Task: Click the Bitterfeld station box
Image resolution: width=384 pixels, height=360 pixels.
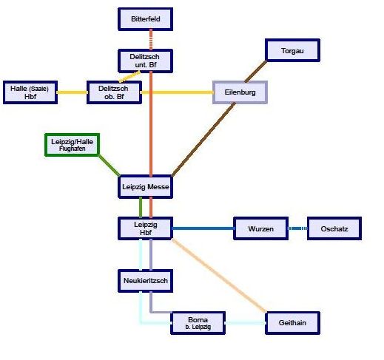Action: click(x=145, y=19)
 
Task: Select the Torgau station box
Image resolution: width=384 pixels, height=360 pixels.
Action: click(x=292, y=50)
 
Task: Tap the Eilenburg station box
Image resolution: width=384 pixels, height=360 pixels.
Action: click(x=240, y=92)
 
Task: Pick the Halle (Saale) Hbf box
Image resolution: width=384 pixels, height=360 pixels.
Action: click(x=30, y=92)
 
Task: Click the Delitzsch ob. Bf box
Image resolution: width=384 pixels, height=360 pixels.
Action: click(x=114, y=92)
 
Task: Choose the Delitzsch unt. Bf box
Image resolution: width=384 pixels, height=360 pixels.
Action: click(x=145, y=61)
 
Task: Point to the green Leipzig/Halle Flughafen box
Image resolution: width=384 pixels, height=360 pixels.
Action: click(x=73, y=145)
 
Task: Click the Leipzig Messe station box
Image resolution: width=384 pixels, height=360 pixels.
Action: click(x=145, y=186)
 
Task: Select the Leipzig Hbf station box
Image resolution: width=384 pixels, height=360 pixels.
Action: click(x=145, y=228)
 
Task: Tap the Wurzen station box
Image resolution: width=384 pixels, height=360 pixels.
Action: click(x=260, y=228)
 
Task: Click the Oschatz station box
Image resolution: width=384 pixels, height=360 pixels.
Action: click(x=334, y=228)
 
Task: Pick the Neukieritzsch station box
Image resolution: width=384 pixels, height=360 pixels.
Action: click(x=145, y=281)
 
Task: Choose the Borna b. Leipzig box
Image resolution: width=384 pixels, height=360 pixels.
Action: click(x=198, y=323)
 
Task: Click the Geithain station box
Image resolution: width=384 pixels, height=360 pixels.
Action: click(x=292, y=323)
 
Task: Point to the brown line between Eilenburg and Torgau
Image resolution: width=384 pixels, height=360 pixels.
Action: click(x=256, y=71)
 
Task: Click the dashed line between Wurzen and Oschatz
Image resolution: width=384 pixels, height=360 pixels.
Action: click(x=298, y=228)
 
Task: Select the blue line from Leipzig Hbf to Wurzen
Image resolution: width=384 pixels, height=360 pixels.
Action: click(x=203, y=228)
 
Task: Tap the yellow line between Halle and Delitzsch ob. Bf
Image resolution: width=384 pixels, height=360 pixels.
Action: click(x=73, y=92)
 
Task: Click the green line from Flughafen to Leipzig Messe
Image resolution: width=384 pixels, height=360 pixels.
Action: click(x=109, y=166)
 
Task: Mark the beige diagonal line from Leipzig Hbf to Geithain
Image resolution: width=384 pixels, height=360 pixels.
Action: click(x=219, y=276)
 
